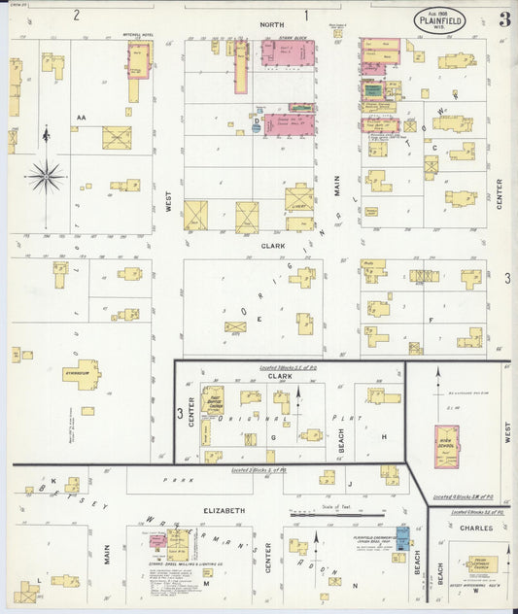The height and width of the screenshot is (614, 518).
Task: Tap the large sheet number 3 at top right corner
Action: pos(504,19)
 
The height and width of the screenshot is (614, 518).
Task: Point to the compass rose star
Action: pos(46,177)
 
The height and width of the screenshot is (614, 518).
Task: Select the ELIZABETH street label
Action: pos(223,510)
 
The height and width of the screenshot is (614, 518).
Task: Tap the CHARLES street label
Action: pos(477,529)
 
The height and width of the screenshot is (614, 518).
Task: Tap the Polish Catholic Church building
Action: pos(482,563)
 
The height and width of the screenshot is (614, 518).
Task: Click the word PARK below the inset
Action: pos(173,479)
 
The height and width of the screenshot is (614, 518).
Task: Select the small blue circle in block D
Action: pos(256,127)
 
